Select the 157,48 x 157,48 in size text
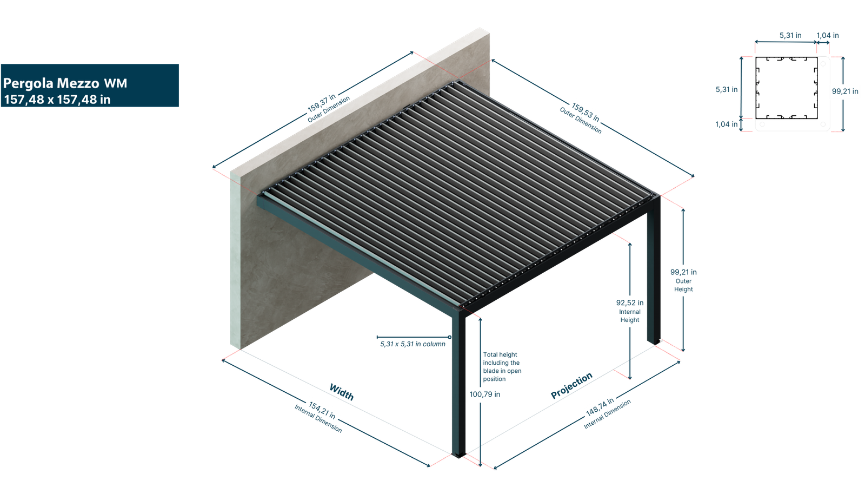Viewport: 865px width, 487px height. [x=57, y=100]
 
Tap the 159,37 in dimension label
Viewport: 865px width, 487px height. [x=322, y=103]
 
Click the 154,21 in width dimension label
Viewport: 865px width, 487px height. [x=322, y=410]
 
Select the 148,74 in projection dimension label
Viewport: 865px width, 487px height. [x=600, y=406]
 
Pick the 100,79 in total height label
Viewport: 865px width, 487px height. [x=484, y=394]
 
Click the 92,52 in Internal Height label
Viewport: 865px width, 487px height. [x=630, y=311]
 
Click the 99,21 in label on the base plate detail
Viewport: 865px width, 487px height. [x=844, y=91]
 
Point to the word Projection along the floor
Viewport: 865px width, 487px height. [x=571, y=385]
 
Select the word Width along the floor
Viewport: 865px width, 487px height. [x=342, y=391]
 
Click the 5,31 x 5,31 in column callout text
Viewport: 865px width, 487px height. [x=413, y=344]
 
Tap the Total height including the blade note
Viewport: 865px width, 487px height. [x=502, y=366]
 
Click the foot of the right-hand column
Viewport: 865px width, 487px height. [x=654, y=341]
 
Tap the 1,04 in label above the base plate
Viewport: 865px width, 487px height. [x=828, y=36]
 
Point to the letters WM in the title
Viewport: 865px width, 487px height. [x=115, y=83]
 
